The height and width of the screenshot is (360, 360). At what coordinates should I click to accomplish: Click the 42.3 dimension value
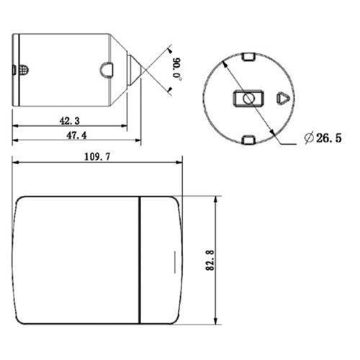pyautogui.click(x=70, y=122)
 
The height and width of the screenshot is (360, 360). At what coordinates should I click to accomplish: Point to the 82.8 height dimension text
pyautogui.click(x=209, y=260)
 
